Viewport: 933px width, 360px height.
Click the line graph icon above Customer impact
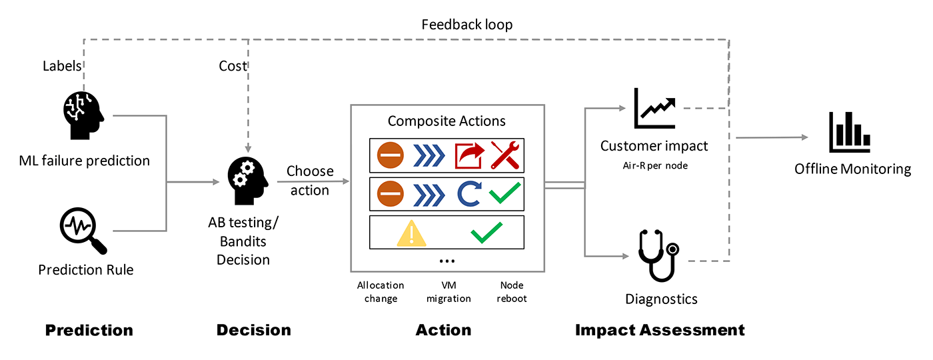click(655, 109)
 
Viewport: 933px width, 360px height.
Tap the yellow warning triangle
click(411, 233)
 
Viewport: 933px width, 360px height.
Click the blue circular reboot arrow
click(468, 194)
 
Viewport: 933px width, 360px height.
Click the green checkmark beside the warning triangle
click(486, 233)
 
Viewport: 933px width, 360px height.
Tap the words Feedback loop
click(467, 25)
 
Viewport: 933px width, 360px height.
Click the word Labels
click(62, 65)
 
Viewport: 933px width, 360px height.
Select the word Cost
click(233, 65)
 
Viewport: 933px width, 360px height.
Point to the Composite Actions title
click(447, 121)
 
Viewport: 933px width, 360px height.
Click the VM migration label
click(449, 292)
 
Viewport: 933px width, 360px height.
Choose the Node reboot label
click(512, 292)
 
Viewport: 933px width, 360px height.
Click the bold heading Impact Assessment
click(659, 330)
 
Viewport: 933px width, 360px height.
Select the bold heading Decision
click(253, 330)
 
